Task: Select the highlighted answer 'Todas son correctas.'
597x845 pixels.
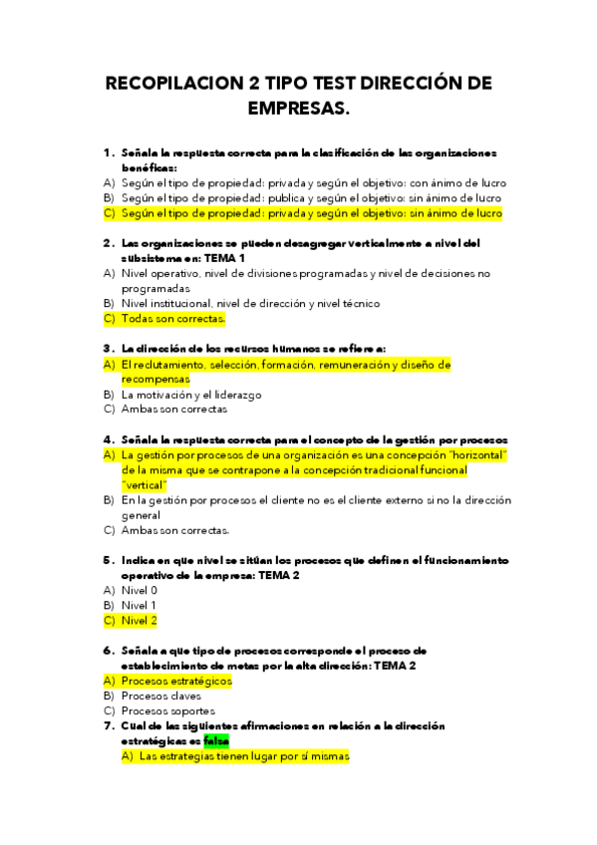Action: click(x=173, y=319)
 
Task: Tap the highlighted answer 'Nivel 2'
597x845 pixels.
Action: click(x=140, y=620)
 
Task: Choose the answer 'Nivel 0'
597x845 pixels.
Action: click(x=140, y=590)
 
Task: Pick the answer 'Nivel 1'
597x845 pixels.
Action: click(x=139, y=605)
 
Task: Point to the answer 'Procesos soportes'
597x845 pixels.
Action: click(x=167, y=710)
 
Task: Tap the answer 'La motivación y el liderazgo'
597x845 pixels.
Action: click(x=191, y=395)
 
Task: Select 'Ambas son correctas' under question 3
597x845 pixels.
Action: click(x=173, y=410)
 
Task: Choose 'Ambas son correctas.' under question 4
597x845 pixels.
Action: click(x=175, y=530)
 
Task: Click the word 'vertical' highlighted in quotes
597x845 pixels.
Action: click(x=145, y=484)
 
